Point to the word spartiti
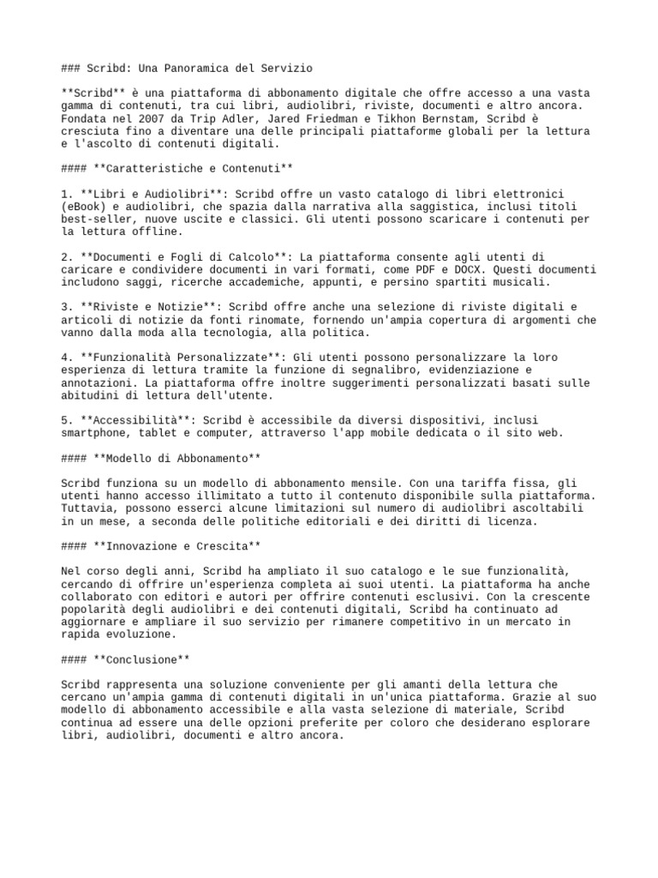450,282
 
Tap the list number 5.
65,421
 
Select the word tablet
159,434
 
